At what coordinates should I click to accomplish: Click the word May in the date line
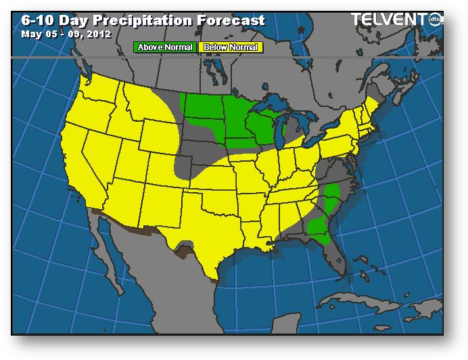30,32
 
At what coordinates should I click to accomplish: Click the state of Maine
373,108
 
